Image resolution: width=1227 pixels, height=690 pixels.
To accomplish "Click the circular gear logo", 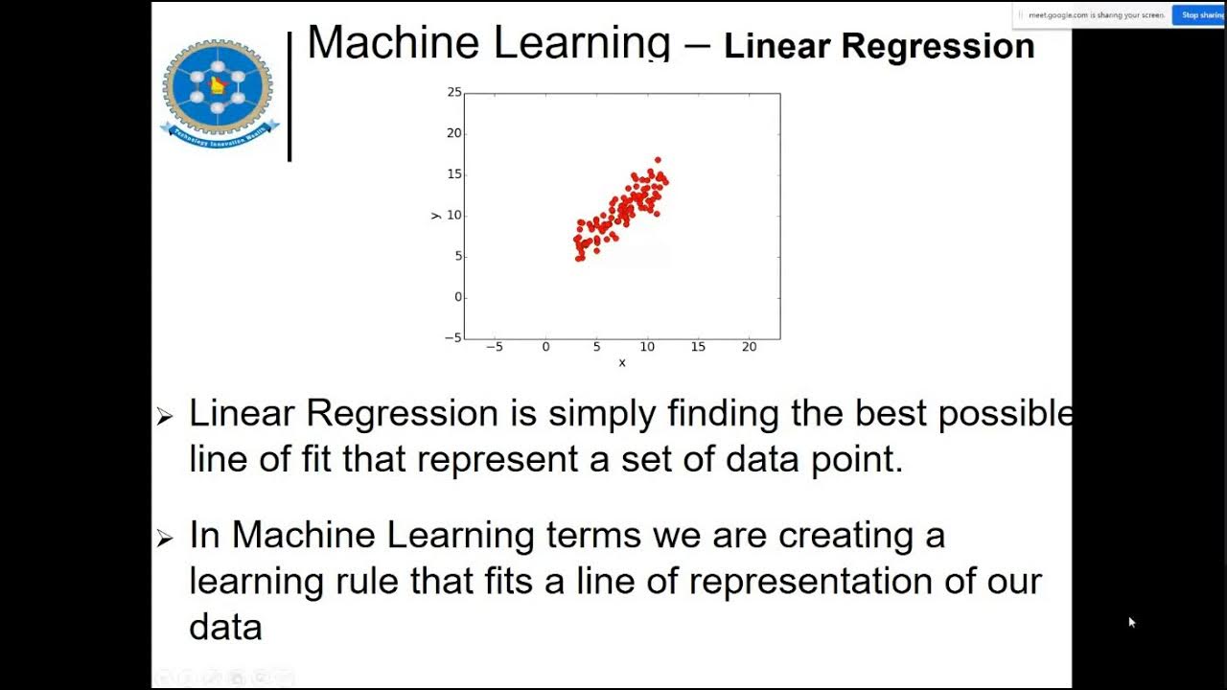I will coord(218,88).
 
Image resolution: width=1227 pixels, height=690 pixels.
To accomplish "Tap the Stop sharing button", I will coord(1198,15).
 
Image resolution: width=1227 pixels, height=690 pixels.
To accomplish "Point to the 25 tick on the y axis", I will coord(454,92).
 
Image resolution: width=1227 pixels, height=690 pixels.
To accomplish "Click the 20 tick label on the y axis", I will coord(454,133).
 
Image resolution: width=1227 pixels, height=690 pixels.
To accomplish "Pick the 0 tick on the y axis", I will coord(458,297).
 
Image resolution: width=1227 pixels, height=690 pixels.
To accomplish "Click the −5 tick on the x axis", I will coord(495,347).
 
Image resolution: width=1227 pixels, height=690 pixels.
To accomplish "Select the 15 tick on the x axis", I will coord(698,347).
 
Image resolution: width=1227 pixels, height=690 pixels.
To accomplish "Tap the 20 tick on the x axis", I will coord(749,347).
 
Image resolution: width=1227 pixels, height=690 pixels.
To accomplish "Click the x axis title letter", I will coord(622,362).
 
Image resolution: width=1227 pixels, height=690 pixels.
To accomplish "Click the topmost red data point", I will coord(658,160).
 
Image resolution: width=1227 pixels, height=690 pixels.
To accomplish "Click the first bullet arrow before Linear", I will coord(165,416).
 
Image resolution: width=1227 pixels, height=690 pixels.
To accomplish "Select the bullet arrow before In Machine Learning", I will coord(165,539).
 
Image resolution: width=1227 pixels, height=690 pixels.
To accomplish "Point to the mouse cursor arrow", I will coord(1131,621).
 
